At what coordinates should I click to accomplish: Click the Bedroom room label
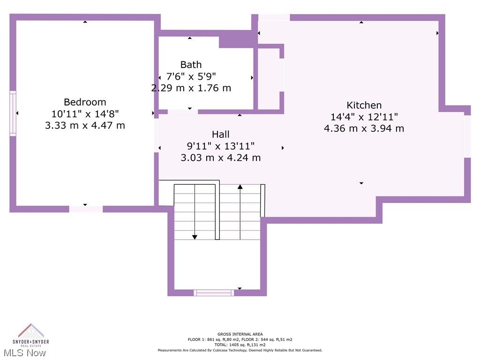click(85, 102)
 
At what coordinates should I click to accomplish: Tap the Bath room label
click(191, 65)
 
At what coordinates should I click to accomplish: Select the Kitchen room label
click(364, 105)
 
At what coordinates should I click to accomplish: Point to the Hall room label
click(220, 135)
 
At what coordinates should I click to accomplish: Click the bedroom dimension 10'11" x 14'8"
click(85, 113)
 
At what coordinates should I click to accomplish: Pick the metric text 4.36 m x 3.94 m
click(364, 128)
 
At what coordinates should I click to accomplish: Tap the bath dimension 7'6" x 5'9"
click(191, 76)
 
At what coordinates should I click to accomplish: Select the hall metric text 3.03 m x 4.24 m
click(220, 157)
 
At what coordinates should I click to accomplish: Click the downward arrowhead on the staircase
click(195, 237)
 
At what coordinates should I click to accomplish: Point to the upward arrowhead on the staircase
click(240, 187)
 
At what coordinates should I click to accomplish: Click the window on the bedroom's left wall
click(13, 113)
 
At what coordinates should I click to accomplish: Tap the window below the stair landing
click(214, 292)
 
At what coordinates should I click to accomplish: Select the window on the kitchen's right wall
click(467, 136)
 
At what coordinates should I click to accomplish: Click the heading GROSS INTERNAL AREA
click(240, 334)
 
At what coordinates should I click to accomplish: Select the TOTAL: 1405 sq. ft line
click(240, 345)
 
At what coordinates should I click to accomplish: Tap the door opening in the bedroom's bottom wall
click(86, 209)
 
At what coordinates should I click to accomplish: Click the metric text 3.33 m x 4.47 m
click(85, 125)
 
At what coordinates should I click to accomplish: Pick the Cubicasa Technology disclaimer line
click(240, 350)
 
